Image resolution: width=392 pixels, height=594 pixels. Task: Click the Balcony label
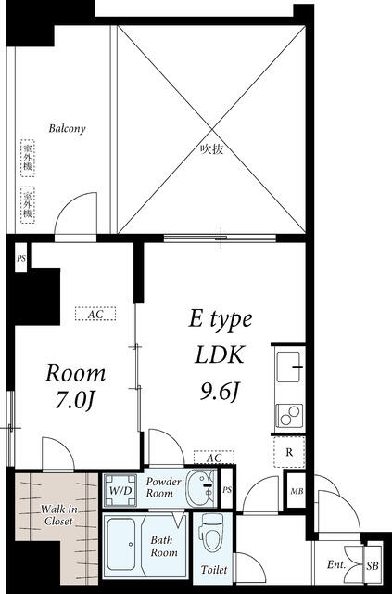(67, 129)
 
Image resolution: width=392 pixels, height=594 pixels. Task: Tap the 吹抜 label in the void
(212, 149)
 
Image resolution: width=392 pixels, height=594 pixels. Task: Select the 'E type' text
(221, 320)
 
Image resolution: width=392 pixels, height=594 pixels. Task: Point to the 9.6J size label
(220, 393)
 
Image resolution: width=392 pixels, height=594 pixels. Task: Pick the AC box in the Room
(95, 314)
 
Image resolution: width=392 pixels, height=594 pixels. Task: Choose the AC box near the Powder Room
(214, 458)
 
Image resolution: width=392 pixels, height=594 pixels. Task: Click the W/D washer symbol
(120, 491)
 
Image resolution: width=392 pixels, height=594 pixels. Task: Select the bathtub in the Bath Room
(120, 545)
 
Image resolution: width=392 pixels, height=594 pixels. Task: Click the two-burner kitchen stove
(289, 416)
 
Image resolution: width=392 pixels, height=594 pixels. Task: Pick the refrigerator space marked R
(289, 452)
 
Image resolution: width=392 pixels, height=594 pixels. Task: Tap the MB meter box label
(297, 491)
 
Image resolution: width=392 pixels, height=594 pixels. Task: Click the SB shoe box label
(373, 566)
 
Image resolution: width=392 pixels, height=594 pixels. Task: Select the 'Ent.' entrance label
(336, 565)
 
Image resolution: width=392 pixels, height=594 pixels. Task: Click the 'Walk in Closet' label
(58, 515)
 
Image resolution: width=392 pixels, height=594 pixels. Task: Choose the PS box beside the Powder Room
(227, 490)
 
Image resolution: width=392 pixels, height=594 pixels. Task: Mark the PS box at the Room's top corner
(21, 259)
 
